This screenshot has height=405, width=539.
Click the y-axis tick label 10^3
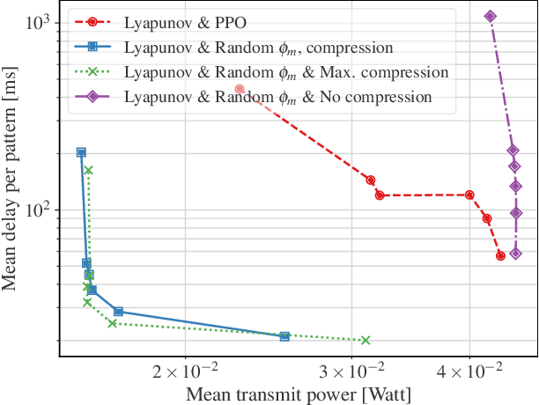39,22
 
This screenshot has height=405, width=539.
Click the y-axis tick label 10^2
39,210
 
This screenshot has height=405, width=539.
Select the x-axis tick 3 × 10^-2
351,373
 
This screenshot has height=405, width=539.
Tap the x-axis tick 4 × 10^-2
469,373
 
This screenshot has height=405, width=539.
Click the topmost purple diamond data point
491,16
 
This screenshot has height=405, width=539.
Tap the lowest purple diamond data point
516,254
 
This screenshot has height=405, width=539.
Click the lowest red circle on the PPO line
500,255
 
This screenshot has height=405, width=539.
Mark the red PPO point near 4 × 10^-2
469,195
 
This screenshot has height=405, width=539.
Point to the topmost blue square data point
81,152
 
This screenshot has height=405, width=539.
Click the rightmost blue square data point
284,336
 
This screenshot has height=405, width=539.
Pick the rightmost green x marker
365,340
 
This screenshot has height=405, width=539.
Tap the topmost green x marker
88,170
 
